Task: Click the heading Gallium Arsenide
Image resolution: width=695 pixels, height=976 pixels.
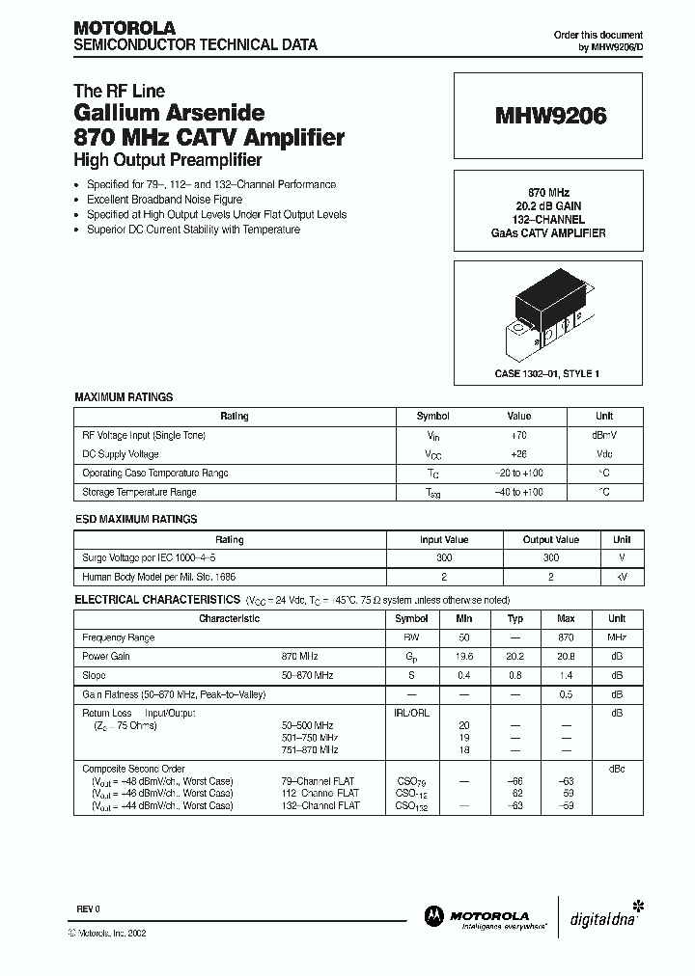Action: pos(170,114)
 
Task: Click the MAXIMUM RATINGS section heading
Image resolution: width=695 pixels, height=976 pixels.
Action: pos(124,396)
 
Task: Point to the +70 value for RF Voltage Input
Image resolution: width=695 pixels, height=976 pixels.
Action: pos(519,435)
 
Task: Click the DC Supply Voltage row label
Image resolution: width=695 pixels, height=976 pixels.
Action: pos(121,454)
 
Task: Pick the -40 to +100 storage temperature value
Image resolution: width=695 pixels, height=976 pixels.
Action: pos(519,492)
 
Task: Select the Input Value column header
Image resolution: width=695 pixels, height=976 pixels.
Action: pos(444,540)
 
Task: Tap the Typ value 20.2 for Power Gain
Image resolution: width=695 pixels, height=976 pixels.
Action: pos(516,656)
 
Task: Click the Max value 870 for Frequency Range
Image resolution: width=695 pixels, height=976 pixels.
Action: pos(567,637)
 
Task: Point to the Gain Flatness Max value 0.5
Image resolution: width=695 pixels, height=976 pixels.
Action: pos(567,693)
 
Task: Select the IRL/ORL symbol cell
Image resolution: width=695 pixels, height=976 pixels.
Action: pos(412,713)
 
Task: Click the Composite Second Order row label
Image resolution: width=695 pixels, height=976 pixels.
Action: pos(133,769)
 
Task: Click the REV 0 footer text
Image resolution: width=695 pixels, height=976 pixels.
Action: pos(88,910)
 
